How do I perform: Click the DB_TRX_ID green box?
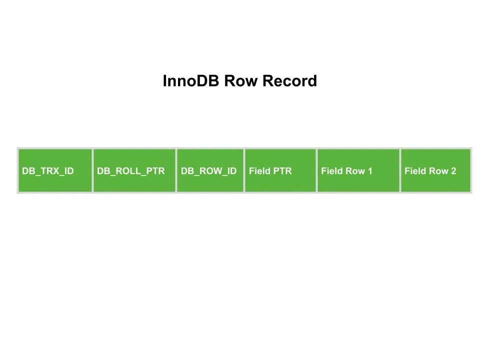55,170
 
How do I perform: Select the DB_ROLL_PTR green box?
134,170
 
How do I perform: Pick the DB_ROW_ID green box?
210,170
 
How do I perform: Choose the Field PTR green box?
280,170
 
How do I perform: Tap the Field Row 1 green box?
358,170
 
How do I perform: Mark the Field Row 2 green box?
436,170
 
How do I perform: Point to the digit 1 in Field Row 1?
370,171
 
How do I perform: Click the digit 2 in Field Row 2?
453,171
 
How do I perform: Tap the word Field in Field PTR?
259,171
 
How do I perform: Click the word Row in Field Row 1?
356,171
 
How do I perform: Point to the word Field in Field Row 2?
415,171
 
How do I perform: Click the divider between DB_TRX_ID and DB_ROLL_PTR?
92,170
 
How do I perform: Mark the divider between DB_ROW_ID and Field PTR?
244,170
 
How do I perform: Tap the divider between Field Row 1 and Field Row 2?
400,170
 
